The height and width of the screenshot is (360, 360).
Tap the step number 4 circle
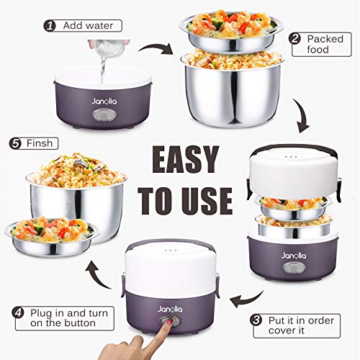coord(16,313)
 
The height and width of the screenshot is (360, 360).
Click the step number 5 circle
coord(16,143)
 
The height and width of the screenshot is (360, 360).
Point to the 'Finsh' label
coord(40,143)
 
